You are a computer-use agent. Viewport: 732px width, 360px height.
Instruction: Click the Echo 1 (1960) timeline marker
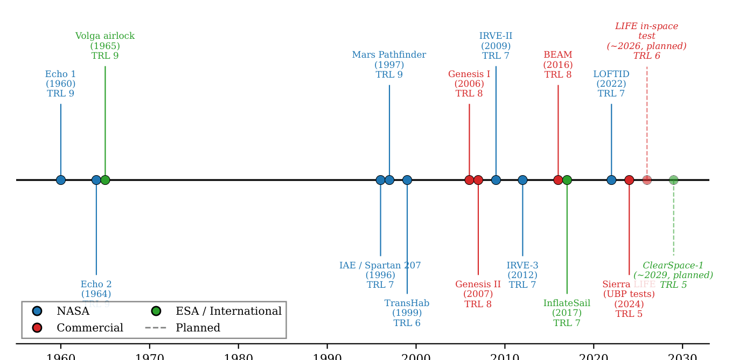click(x=61, y=180)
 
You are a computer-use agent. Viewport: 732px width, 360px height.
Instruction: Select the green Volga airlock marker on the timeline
click(x=105, y=180)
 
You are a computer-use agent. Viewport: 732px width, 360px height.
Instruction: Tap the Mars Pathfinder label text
click(x=389, y=65)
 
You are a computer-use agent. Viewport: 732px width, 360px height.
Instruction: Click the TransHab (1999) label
click(x=407, y=313)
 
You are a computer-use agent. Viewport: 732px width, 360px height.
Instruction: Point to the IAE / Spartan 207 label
click(x=380, y=275)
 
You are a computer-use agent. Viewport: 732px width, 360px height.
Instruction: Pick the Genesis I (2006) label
click(x=469, y=84)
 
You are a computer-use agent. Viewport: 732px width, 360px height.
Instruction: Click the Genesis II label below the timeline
click(x=478, y=294)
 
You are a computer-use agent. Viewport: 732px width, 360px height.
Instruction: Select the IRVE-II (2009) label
click(x=496, y=46)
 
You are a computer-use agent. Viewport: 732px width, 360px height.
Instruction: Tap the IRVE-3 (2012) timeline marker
click(x=522, y=180)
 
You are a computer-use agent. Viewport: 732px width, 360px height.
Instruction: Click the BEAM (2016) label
click(x=557, y=65)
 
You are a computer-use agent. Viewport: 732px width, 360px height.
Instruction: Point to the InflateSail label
click(x=567, y=313)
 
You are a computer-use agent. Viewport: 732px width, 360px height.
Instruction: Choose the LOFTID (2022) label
click(x=611, y=84)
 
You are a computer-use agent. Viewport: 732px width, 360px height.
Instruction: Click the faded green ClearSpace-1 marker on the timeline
click(x=673, y=180)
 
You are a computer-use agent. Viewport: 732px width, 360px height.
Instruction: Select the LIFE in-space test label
click(x=646, y=41)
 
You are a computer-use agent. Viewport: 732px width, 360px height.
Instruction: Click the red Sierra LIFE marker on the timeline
click(x=629, y=180)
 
